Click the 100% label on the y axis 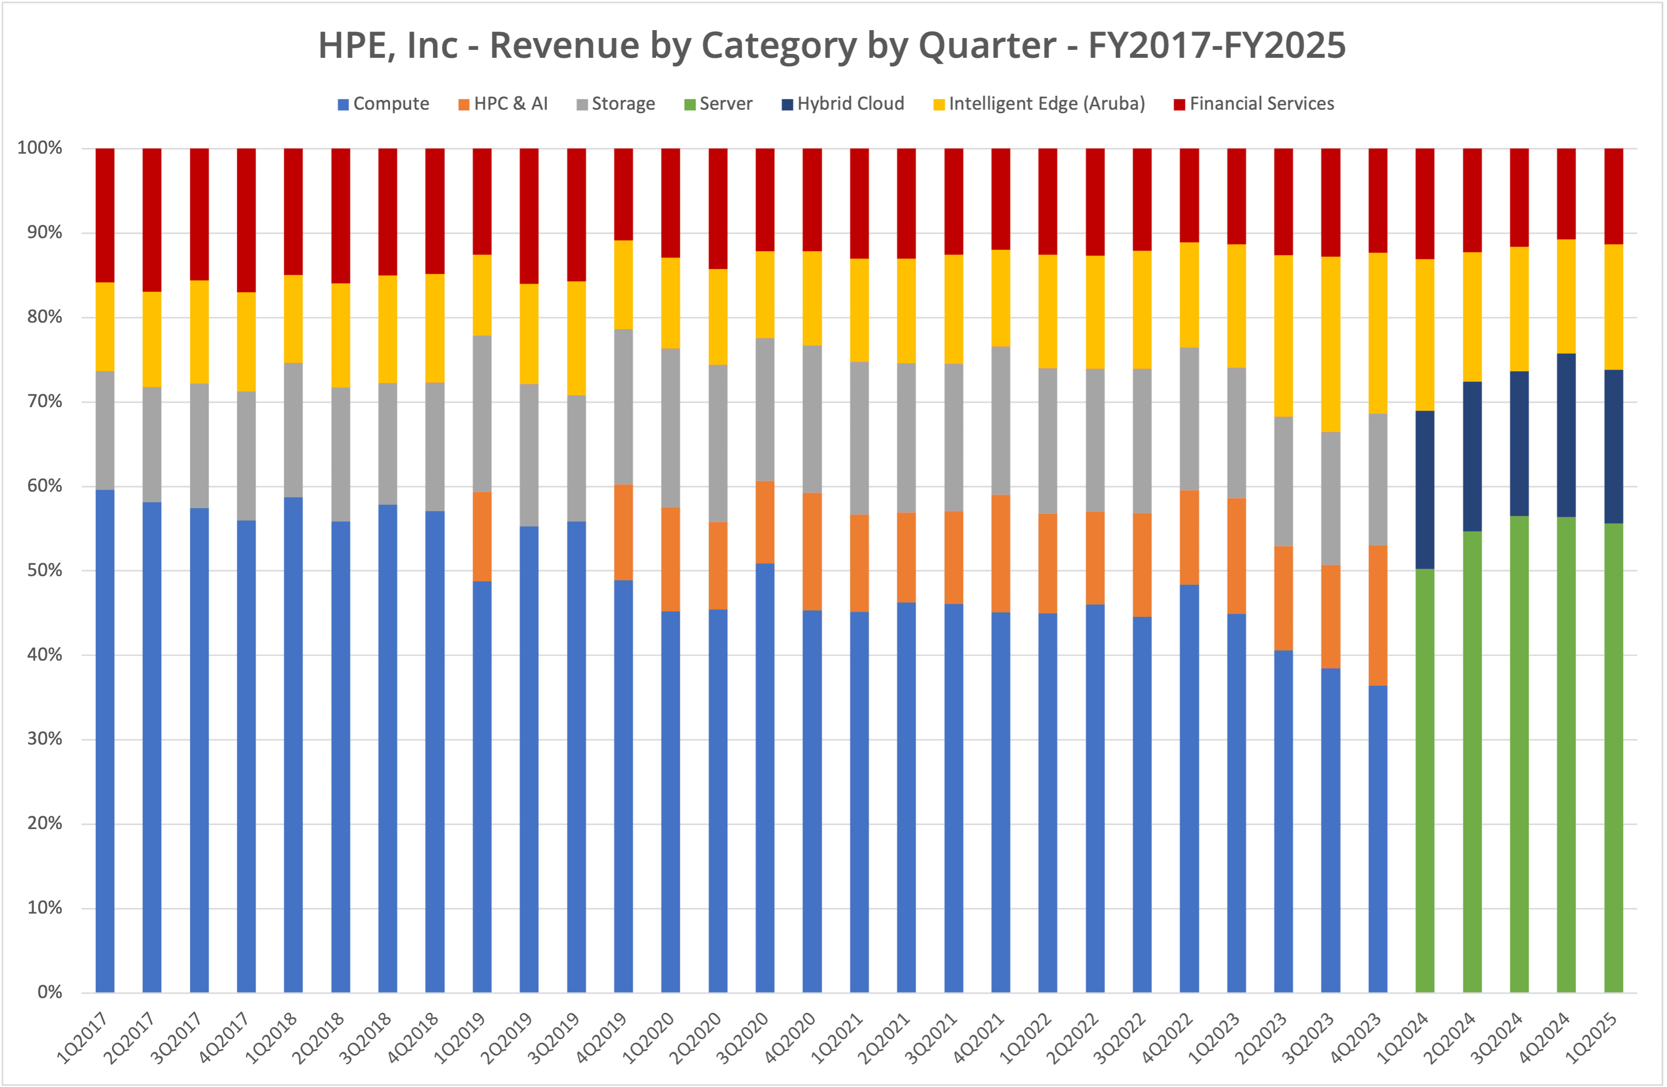tap(40, 148)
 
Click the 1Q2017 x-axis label tap(83, 1038)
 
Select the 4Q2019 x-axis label tap(601, 1038)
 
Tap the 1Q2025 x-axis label tap(1592, 1038)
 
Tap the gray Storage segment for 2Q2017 tap(152, 444)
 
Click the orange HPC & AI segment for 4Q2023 tap(1378, 615)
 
